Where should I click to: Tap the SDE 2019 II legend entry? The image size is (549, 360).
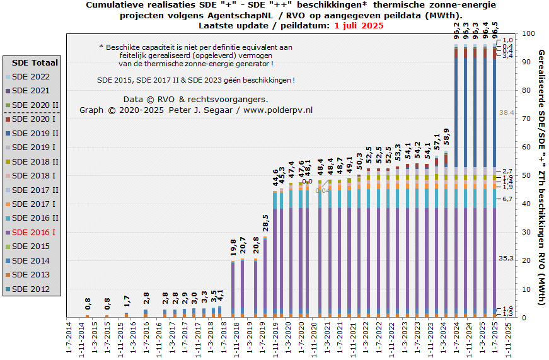(35, 133)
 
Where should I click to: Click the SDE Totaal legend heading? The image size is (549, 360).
(35, 62)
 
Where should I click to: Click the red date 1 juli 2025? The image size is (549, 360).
(359, 26)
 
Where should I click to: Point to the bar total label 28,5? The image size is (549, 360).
(266, 224)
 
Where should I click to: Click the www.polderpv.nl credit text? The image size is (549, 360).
(277, 110)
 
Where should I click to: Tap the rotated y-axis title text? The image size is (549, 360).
(541, 177)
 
